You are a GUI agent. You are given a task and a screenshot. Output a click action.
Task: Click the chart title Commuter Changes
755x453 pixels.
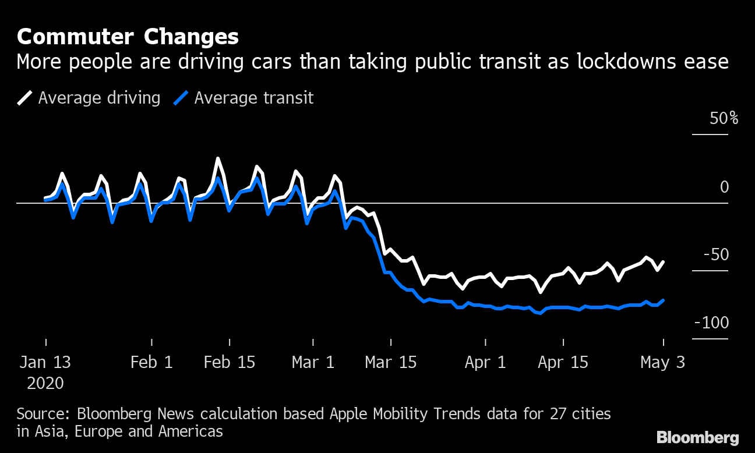click(128, 37)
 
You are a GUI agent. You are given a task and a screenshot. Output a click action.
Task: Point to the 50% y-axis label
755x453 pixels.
click(724, 119)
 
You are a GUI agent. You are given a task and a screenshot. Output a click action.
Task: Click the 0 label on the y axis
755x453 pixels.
click(724, 187)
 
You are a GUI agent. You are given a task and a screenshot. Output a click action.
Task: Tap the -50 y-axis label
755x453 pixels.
click(716, 255)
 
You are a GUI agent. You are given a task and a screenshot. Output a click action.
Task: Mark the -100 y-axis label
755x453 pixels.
click(711, 323)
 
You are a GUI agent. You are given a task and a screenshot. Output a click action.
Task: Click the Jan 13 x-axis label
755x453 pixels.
click(45, 362)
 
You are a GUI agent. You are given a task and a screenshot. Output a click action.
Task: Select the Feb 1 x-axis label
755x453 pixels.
click(151, 362)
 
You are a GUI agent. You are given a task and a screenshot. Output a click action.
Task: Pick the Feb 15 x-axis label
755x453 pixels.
click(230, 362)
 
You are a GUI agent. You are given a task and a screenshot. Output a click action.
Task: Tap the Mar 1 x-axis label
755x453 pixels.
click(313, 362)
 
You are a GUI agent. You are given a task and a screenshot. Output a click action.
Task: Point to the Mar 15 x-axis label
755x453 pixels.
click(391, 362)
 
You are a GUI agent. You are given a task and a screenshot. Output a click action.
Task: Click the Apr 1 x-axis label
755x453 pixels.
click(485, 362)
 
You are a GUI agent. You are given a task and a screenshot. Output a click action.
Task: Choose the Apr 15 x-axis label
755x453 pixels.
click(563, 362)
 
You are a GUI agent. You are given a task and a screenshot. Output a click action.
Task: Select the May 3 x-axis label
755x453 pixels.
click(662, 362)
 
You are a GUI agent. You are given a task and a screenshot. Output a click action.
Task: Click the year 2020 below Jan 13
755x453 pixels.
click(45, 384)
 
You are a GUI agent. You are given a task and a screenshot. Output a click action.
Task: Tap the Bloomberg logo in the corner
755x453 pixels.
click(697, 437)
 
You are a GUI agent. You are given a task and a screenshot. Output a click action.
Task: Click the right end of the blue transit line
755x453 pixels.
click(664, 300)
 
